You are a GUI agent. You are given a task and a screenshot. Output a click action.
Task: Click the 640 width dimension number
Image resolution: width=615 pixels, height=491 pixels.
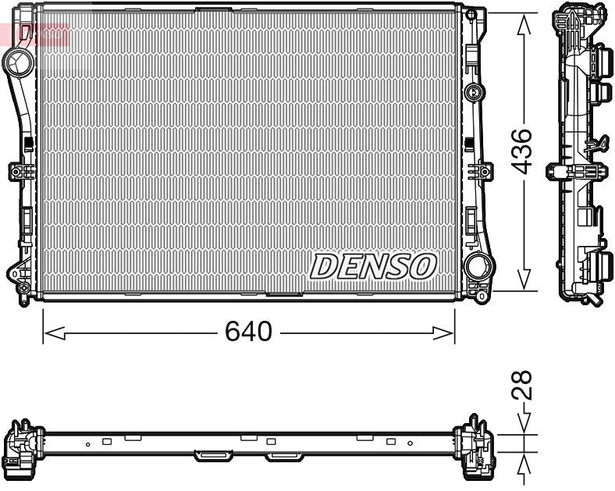point(248,332)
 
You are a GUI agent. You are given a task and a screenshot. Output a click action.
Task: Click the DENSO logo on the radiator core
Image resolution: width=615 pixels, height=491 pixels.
point(373,267)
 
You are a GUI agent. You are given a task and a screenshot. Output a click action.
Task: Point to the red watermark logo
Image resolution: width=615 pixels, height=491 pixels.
point(35,34)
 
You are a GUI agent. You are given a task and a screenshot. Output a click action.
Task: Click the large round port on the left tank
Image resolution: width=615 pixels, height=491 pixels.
point(16,59)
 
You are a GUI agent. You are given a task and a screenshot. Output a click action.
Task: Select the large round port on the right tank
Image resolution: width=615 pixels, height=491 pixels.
point(477,267)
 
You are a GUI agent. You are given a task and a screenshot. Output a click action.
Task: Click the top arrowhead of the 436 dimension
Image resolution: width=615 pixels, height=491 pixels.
point(524,23)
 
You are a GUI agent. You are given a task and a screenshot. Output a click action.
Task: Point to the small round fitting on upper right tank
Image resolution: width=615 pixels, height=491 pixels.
point(471,93)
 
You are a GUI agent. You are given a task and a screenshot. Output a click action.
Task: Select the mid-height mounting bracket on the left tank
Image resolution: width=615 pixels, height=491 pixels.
point(18,171)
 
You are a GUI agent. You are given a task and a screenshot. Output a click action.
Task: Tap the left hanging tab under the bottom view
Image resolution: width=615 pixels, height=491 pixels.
point(208,454)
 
